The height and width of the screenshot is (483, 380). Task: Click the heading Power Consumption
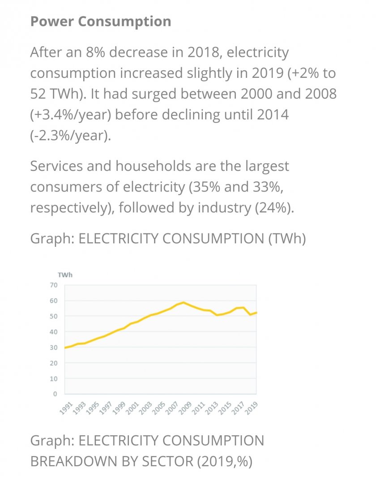(100, 21)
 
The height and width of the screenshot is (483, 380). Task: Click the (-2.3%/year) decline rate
(70, 135)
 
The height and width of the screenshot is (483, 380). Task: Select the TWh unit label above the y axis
(65, 275)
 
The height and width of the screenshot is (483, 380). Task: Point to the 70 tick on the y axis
(54, 285)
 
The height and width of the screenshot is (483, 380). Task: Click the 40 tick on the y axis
(54, 332)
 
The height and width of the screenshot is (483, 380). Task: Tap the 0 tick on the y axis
(56, 394)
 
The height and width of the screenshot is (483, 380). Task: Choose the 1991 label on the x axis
(66, 408)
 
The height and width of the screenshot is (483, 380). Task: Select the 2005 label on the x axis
(158, 408)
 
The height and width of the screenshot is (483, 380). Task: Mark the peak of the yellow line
(183, 302)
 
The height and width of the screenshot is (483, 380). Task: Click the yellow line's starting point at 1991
(65, 347)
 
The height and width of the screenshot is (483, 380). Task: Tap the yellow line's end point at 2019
(256, 313)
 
